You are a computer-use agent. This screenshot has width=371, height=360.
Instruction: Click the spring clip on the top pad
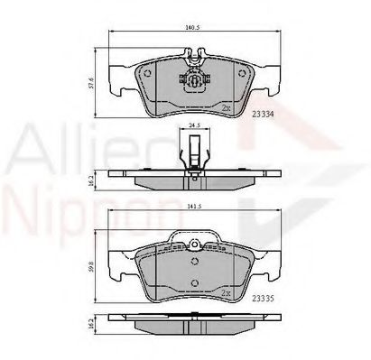coord(191,78)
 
